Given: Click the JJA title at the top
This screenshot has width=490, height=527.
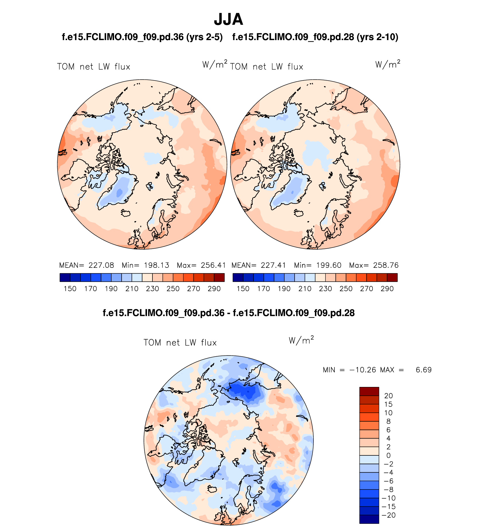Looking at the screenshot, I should coord(228,19).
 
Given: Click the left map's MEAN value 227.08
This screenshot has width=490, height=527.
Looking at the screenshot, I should coord(101,265).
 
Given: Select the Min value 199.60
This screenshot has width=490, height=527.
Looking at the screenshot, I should coord(329,265).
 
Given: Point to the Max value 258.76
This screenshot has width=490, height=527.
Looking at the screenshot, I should coord(386,265).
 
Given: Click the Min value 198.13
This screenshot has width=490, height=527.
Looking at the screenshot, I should coord(156,265).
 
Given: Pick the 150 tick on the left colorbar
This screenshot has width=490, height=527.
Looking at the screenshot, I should coord(70,289).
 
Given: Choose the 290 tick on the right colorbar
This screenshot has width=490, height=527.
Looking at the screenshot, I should coord(387,289).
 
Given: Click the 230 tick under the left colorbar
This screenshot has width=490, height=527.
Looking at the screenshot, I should coord(152,289).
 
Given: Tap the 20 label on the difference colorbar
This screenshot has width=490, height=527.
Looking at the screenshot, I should coord(389,396).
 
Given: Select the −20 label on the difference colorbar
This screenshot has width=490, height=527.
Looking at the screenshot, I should coord(389,515).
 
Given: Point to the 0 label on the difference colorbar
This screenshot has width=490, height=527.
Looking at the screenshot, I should coord(389,455).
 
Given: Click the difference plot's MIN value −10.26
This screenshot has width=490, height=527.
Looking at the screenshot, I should coord(362,370).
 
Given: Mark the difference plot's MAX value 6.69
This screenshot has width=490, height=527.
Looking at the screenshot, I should coord(424,370).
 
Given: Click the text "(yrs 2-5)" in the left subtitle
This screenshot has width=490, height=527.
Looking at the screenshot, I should coord(204,37).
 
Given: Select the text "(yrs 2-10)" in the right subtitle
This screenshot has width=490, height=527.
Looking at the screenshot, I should coord(377,37).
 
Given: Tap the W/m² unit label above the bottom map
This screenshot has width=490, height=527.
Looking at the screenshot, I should coord(301,340).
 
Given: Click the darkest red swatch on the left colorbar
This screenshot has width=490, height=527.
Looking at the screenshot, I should coord(219,278).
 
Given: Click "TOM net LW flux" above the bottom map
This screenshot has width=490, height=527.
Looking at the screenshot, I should coord(180,343).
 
